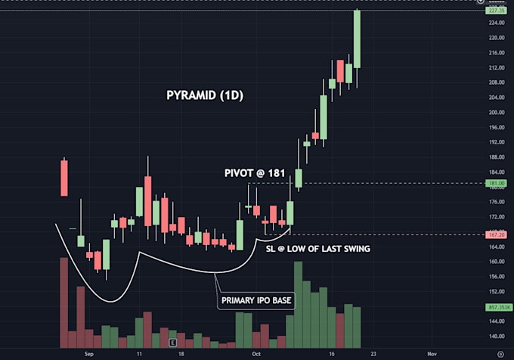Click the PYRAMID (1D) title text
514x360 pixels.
point(204,96)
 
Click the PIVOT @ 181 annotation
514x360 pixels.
point(255,173)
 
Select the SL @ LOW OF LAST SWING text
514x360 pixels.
point(317,248)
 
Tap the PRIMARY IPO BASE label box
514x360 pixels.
point(257,301)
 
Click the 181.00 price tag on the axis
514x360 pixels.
point(497,183)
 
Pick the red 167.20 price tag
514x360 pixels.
point(497,234)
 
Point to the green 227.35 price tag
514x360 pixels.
point(497,11)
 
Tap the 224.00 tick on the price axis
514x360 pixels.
point(497,23)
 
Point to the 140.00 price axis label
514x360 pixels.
point(497,337)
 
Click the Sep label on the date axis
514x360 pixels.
point(88,353)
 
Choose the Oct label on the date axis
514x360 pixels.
point(256,353)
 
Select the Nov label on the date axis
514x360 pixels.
point(432,353)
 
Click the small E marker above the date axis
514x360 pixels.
point(172,342)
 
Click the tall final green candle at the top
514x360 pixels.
point(357,39)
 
